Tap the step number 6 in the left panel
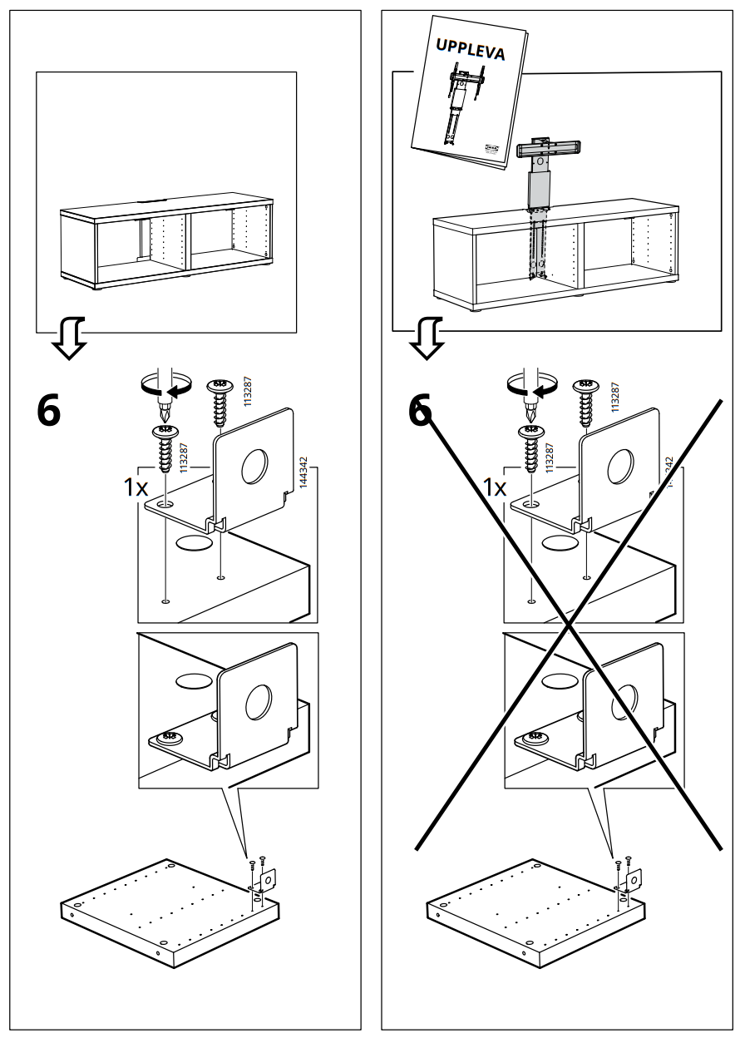[x=49, y=411]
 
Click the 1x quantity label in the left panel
[x=136, y=487]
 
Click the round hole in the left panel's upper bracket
[x=255, y=467]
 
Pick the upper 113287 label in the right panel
[x=615, y=398]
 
